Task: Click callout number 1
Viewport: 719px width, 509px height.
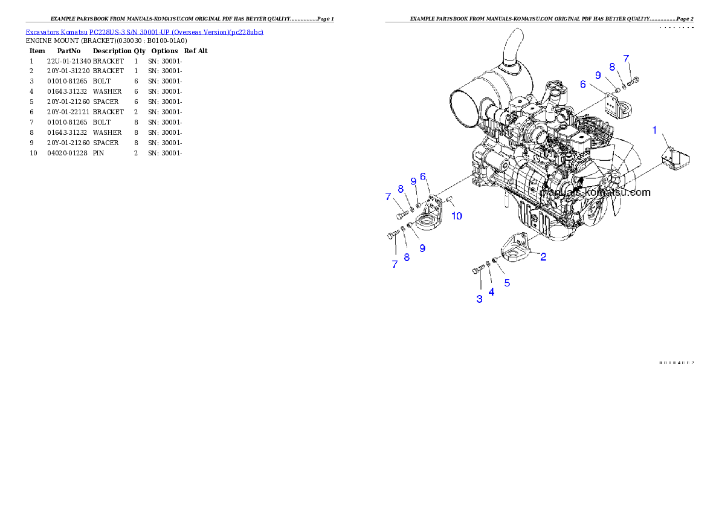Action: (x=654, y=129)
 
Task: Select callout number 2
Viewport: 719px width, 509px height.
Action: (x=543, y=257)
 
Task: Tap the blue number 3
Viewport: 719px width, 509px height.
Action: (x=479, y=299)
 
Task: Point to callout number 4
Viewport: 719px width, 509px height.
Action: (x=491, y=292)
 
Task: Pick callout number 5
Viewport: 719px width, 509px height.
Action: (x=507, y=282)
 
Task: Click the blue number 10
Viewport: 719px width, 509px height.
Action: (x=457, y=216)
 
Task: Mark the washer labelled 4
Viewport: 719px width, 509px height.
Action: (x=488, y=264)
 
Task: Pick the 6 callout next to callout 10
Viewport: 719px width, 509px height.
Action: (x=423, y=177)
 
